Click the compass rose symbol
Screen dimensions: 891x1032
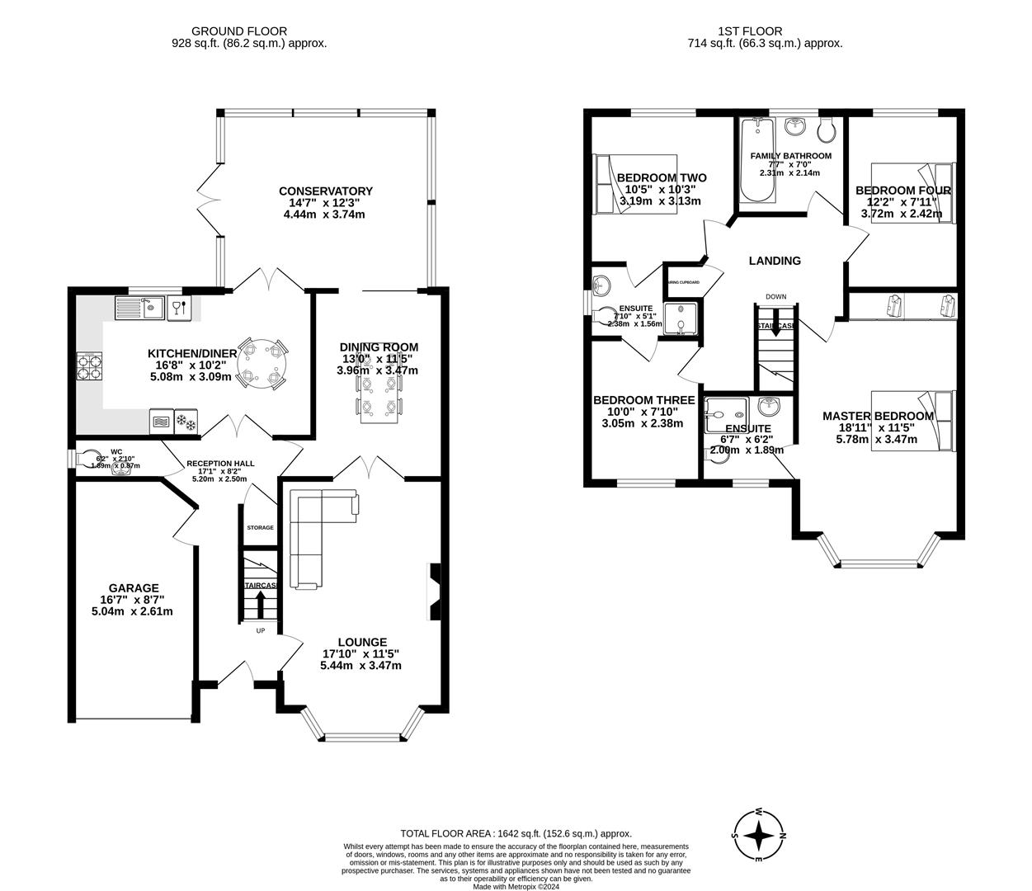(x=759, y=835)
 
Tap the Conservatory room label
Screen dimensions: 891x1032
(x=325, y=191)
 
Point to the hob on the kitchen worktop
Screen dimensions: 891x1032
(x=90, y=365)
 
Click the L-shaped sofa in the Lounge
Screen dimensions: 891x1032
(x=313, y=536)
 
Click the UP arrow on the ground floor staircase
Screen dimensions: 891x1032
(x=262, y=605)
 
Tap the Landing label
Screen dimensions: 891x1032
(x=774, y=261)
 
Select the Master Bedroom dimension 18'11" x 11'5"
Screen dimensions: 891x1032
(x=878, y=428)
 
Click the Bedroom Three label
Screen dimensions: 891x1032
(x=643, y=400)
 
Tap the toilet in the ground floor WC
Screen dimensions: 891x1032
(x=87, y=457)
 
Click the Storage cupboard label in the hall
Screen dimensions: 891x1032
(x=260, y=527)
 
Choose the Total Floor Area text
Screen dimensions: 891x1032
(x=516, y=833)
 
